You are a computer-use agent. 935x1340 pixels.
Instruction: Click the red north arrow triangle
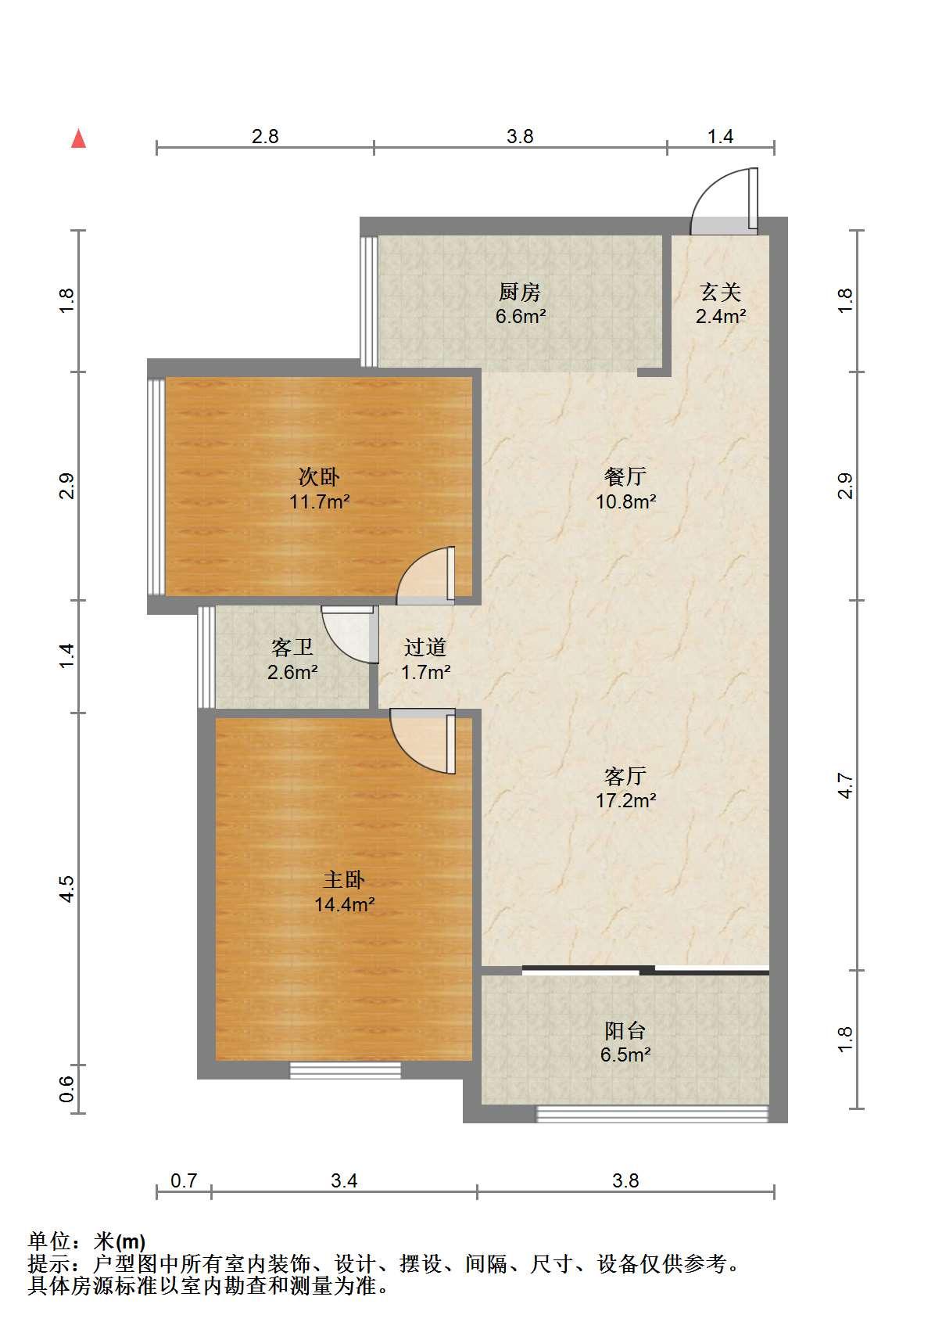[78, 138]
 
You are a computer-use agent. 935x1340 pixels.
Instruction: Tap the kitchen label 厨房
[520, 293]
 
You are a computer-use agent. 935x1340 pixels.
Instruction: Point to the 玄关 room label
[720, 293]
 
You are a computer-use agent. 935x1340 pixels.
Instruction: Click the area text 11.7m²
[319, 501]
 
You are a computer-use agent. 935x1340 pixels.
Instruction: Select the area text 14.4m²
[344, 904]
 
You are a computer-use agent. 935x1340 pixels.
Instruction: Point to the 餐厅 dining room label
[625, 476]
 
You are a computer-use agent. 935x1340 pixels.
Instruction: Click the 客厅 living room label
[625, 776]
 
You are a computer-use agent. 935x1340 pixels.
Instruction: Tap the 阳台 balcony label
[625, 1030]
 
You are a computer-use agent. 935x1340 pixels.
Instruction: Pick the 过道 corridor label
[425, 647]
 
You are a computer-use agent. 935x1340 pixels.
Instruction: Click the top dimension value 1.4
[720, 136]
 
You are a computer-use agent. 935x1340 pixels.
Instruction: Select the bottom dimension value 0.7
[184, 1180]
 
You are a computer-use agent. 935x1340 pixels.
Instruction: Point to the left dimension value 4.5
[66, 889]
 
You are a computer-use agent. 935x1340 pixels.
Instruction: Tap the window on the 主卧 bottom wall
[346, 1070]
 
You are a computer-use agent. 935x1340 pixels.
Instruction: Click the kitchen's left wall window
[369, 301]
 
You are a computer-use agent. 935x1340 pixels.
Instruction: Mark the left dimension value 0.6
[66, 1090]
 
